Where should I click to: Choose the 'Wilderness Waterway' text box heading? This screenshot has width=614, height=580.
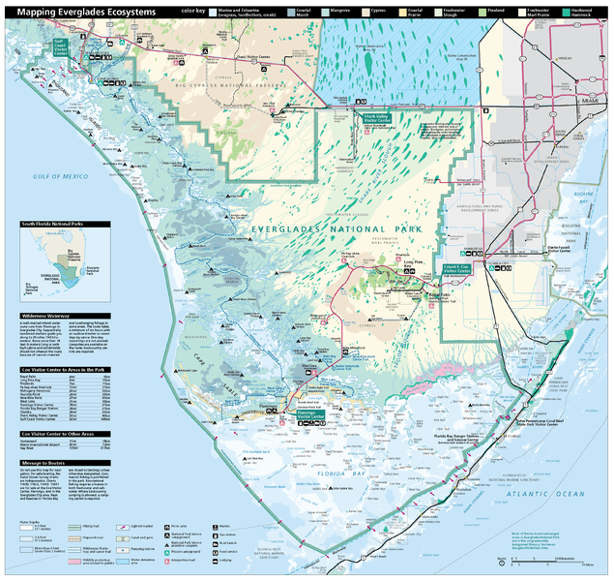(44, 316)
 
